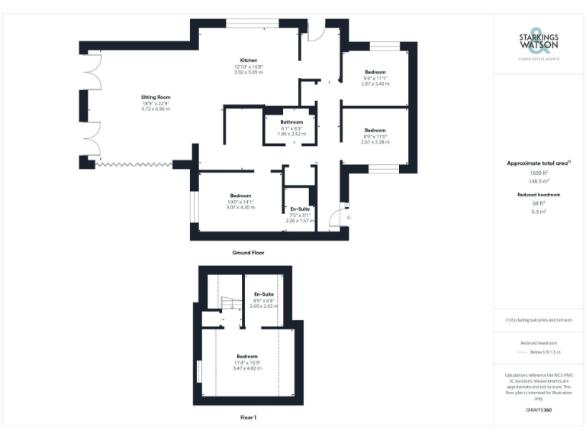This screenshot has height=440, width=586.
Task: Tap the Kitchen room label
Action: click(x=249, y=60)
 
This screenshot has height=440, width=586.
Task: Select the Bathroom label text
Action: click(x=291, y=122)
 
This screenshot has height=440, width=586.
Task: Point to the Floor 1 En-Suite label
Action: click(x=264, y=294)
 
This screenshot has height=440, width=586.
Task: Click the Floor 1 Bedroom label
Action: click(x=246, y=357)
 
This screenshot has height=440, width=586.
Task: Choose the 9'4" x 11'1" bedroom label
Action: click(x=375, y=72)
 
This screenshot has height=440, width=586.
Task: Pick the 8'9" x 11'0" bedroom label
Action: click(x=375, y=130)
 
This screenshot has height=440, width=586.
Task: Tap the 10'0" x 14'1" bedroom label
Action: click(x=240, y=196)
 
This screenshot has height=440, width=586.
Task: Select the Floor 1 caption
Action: click(x=248, y=418)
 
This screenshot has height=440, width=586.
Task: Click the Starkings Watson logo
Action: click(x=538, y=44)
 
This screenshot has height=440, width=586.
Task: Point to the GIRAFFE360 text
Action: click(x=538, y=410)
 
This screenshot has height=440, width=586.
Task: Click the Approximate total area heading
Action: click(x=538, y=163)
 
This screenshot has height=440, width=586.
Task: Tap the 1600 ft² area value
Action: click(x=538, y=173)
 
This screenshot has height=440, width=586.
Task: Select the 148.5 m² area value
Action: click(x=538, y=181)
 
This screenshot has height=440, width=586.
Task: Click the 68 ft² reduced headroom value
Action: click(x=538, y=203)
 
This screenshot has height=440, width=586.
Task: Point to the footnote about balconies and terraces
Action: click(x=538, y=320)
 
